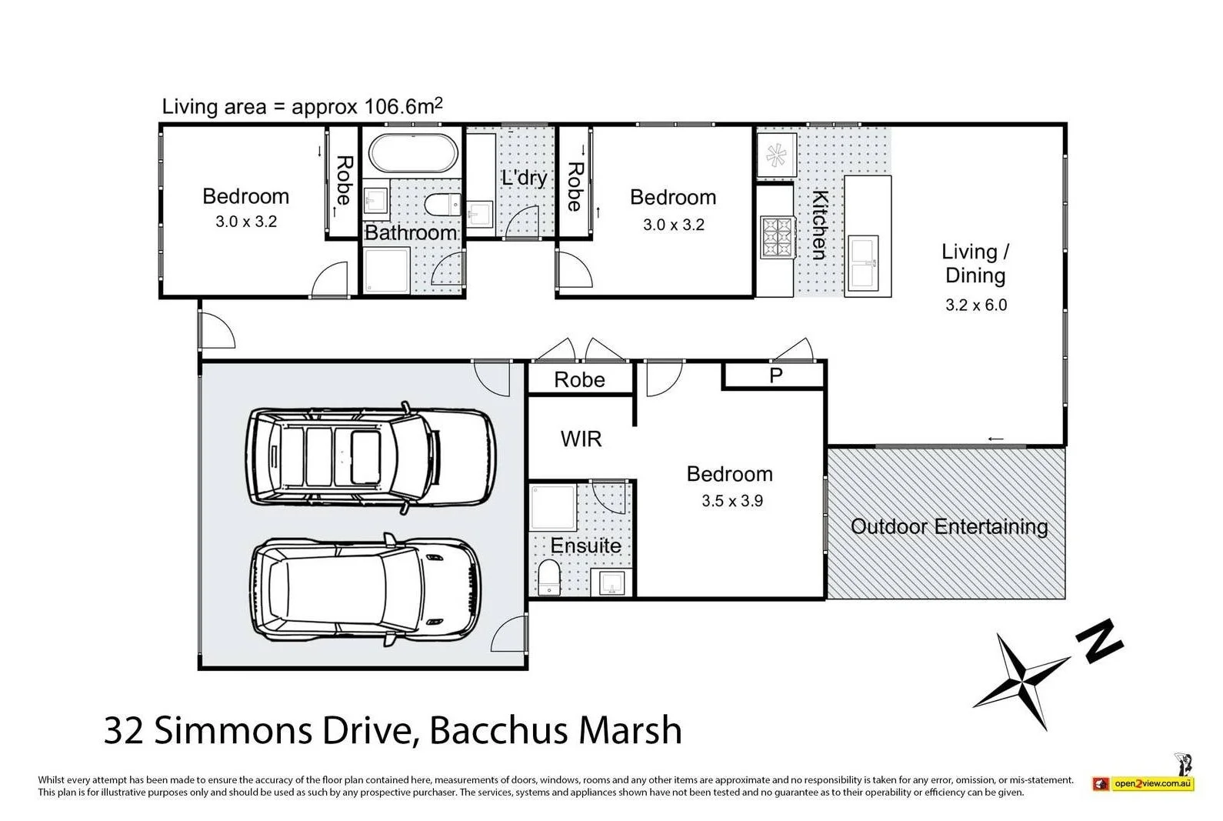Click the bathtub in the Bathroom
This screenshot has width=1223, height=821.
click(x=413, y=154)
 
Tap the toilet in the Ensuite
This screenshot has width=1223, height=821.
click(x=549, y=579)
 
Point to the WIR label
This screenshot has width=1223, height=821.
click(x=581, y=439)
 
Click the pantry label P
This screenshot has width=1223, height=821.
click(x=775, y=376)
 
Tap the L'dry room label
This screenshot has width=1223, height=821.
click(x=524, y=179)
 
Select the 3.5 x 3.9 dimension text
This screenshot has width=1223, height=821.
click(x=731, y=501)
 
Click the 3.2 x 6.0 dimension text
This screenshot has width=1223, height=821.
click(x=975, y=305)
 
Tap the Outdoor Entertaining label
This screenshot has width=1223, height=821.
click(x=948, y=527)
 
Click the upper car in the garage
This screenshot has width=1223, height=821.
click(x=369, y=457)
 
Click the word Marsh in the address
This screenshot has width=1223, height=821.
click(x=631, y=730)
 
